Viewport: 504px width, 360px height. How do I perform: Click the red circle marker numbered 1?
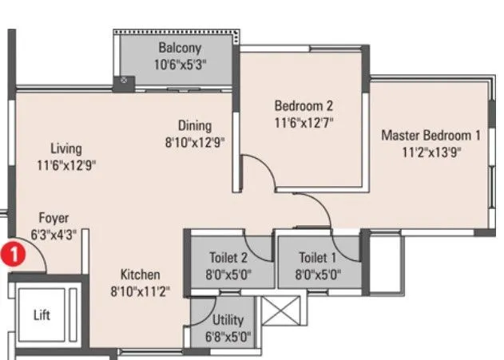point(12,255)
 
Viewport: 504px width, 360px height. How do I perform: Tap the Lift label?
point(42,315)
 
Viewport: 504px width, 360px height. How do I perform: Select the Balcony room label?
point(180,48)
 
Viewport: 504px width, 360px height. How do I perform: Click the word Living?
point(65,149)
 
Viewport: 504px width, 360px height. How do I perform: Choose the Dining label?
point(194,125)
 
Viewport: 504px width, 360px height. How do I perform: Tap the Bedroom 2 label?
point(303,105)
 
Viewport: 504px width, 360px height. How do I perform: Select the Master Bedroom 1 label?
point(431,135)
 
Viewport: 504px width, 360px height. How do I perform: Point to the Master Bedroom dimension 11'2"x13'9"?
point(431,152)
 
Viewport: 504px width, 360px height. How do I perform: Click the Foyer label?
point(54,218)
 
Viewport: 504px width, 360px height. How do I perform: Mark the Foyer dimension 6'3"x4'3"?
point(54,234)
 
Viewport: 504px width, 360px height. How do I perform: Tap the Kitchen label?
point(141,275)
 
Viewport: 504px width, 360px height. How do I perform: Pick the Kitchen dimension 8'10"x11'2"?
point(141,291)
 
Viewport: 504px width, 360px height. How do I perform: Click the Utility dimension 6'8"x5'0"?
point(224,336)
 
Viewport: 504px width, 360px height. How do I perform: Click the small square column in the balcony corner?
point(124,81)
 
